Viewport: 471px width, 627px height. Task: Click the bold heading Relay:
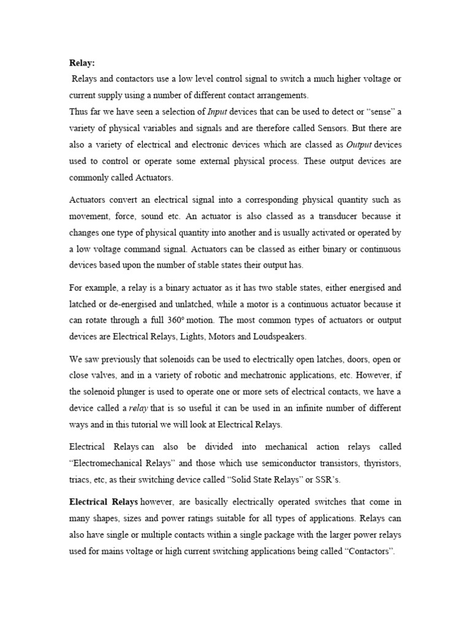82,62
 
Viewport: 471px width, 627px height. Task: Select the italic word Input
216,110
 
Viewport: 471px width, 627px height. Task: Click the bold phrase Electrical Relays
103,502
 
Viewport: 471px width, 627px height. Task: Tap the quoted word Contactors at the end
370,551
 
